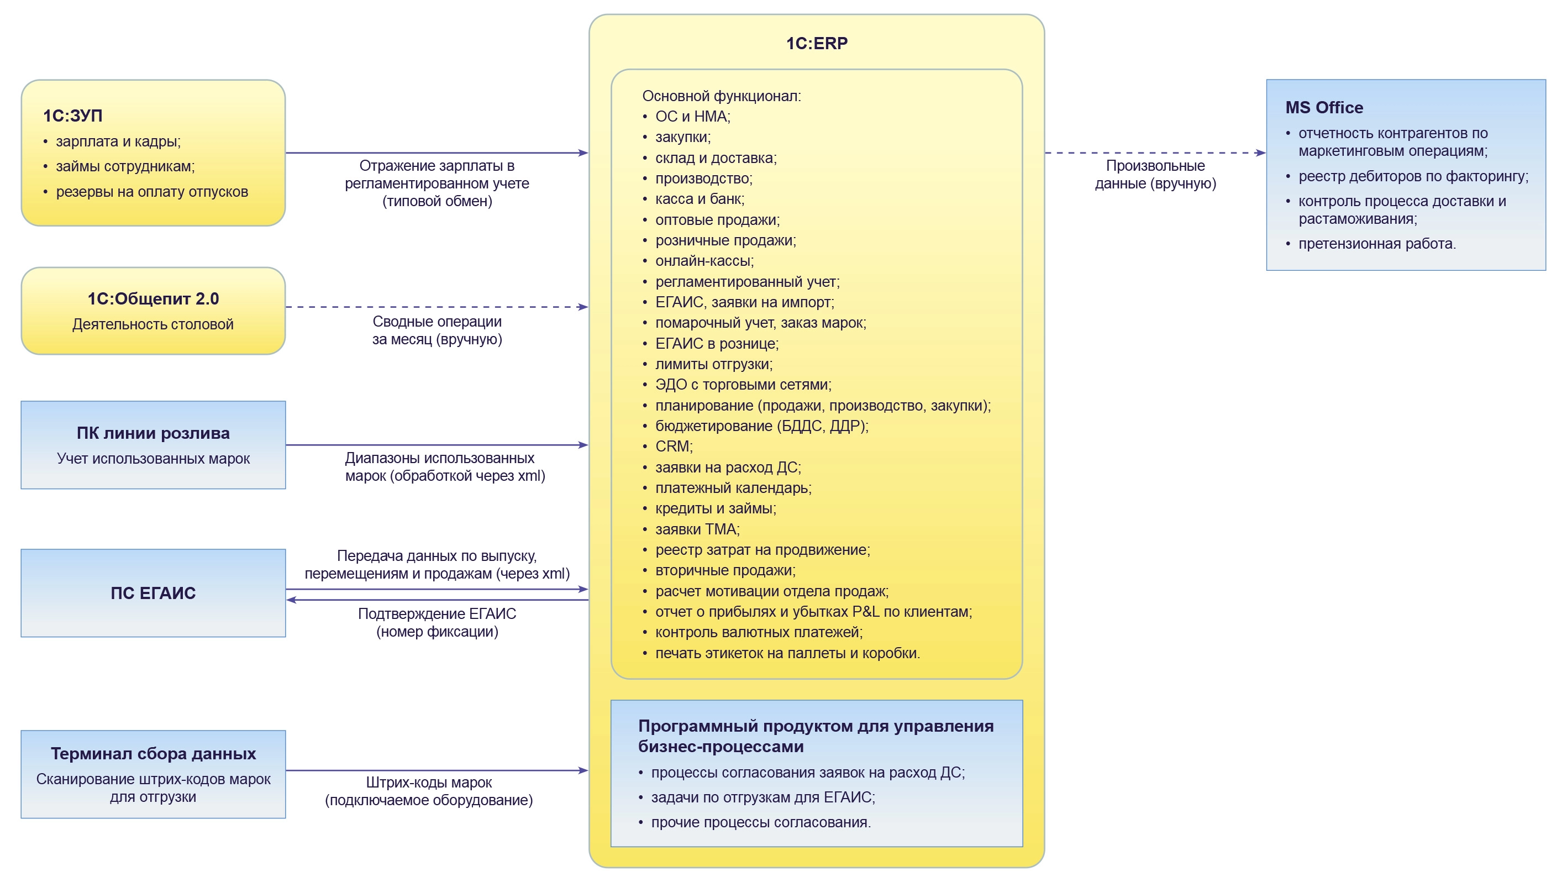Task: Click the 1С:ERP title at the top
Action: pos(816,43)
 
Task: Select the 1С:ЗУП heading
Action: pos(72,116)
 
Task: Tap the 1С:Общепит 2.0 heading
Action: pos(153,298)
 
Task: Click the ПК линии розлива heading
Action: pos(153,433)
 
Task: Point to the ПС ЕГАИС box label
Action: pos(153,593)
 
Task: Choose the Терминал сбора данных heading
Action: pos(153,754)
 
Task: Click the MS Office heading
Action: pos(1324,108)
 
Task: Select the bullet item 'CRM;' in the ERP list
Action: pos(674,447)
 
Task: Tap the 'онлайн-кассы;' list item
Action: pos(704,261)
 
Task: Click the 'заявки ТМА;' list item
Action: pos(697,529)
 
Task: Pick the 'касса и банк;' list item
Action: pos(700,199)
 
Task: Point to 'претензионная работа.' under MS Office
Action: pos(1376,244)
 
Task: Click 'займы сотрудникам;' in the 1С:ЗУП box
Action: pos(125,166)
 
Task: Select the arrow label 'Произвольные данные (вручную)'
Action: pos(1155,175)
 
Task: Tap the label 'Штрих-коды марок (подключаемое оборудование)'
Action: pos(429,791)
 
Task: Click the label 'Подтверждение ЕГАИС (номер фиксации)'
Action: pos(437,623)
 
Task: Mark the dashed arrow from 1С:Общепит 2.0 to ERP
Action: pos(437,307)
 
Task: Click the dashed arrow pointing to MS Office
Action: pos(1155,153)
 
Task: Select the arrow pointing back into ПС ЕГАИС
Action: pos(437,600)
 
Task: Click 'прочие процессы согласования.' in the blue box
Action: pos(760,822)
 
